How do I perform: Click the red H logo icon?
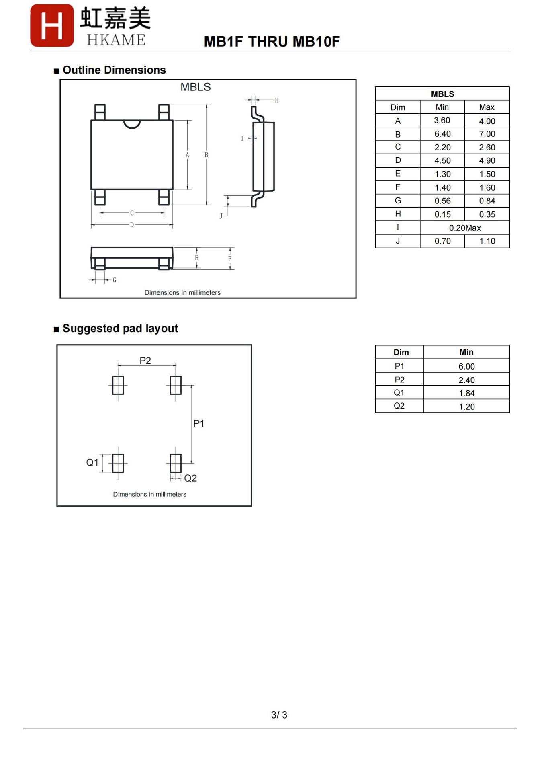click(x=52, y=25)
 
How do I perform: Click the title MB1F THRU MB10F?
click(x=272, y=41)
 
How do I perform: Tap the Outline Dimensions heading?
click(x=114, y=70)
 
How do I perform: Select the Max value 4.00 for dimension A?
click(x=487, y=121)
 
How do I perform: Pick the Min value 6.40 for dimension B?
click(x=442, y=134)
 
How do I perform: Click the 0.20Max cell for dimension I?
click(x=465, y=228)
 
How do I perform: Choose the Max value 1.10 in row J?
click(x=487, y=241)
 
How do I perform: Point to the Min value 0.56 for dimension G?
click(x=442, y=201)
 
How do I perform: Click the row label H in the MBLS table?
click(x=398, y=214)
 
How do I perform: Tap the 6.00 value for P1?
click(x=466, y=366)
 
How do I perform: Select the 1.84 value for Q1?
click(x=466, y=393)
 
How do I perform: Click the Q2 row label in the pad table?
click(x=399, y=406)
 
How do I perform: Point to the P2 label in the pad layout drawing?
click(x=145, y=361)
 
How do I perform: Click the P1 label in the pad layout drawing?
click(x=199, y=423)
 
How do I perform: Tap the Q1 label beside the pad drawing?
click(x=92, y=462)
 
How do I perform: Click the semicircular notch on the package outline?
click(x=132, y=124)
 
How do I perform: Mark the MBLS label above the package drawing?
click(x=195, y=87)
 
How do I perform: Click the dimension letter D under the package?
click(x=132, y=225)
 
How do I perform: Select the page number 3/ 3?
click(x=279, y=715)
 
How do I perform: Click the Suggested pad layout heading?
click(x=120, y=329)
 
